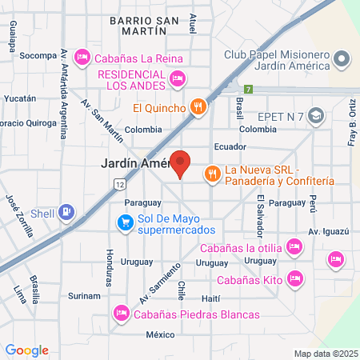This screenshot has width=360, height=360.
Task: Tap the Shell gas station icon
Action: point(67,212)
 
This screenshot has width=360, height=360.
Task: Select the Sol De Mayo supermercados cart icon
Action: point(125,222)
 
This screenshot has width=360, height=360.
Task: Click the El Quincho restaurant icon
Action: point(198,106)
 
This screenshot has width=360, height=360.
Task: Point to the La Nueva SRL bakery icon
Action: point(212,173)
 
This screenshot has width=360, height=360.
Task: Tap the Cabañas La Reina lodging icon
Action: point(82,58)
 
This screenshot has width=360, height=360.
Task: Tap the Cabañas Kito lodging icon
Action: point(295,278)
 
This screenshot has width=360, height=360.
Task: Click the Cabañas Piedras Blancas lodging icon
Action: point(122,313)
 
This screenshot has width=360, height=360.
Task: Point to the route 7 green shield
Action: point(250,88)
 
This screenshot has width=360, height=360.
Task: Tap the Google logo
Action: point(26,350)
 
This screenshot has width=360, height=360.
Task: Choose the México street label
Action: point(160,334)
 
